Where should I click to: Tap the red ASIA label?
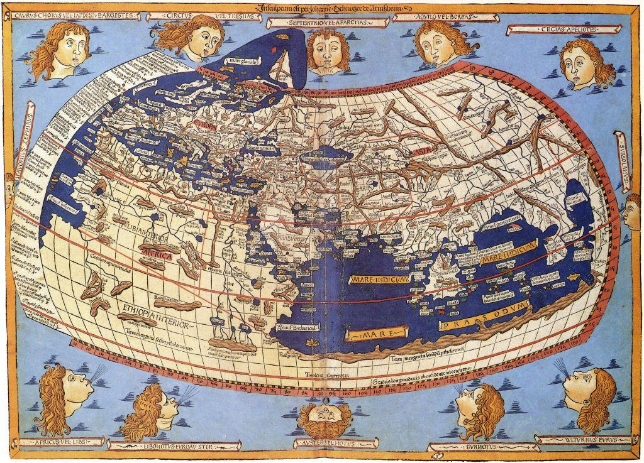pos(418,153)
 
